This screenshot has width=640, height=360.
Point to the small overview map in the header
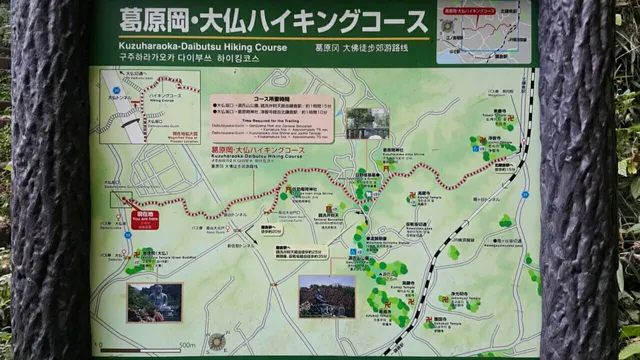(x=483, y=32)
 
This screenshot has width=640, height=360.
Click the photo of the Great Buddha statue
(x=154, y=303)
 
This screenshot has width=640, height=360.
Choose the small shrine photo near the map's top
(x=367, y=121)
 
